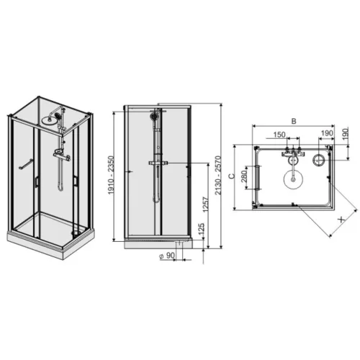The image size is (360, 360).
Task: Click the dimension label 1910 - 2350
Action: [112, 175]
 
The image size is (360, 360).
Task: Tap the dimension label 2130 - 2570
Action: [217, 175]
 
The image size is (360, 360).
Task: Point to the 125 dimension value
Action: [201, 230]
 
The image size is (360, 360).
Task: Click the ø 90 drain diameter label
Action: [167, 256]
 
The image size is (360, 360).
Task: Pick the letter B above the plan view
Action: [294, 121]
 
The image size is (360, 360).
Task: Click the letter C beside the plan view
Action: [232, 176]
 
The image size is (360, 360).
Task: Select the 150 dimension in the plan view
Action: [279, 135]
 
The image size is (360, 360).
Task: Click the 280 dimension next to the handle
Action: [244, 176]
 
